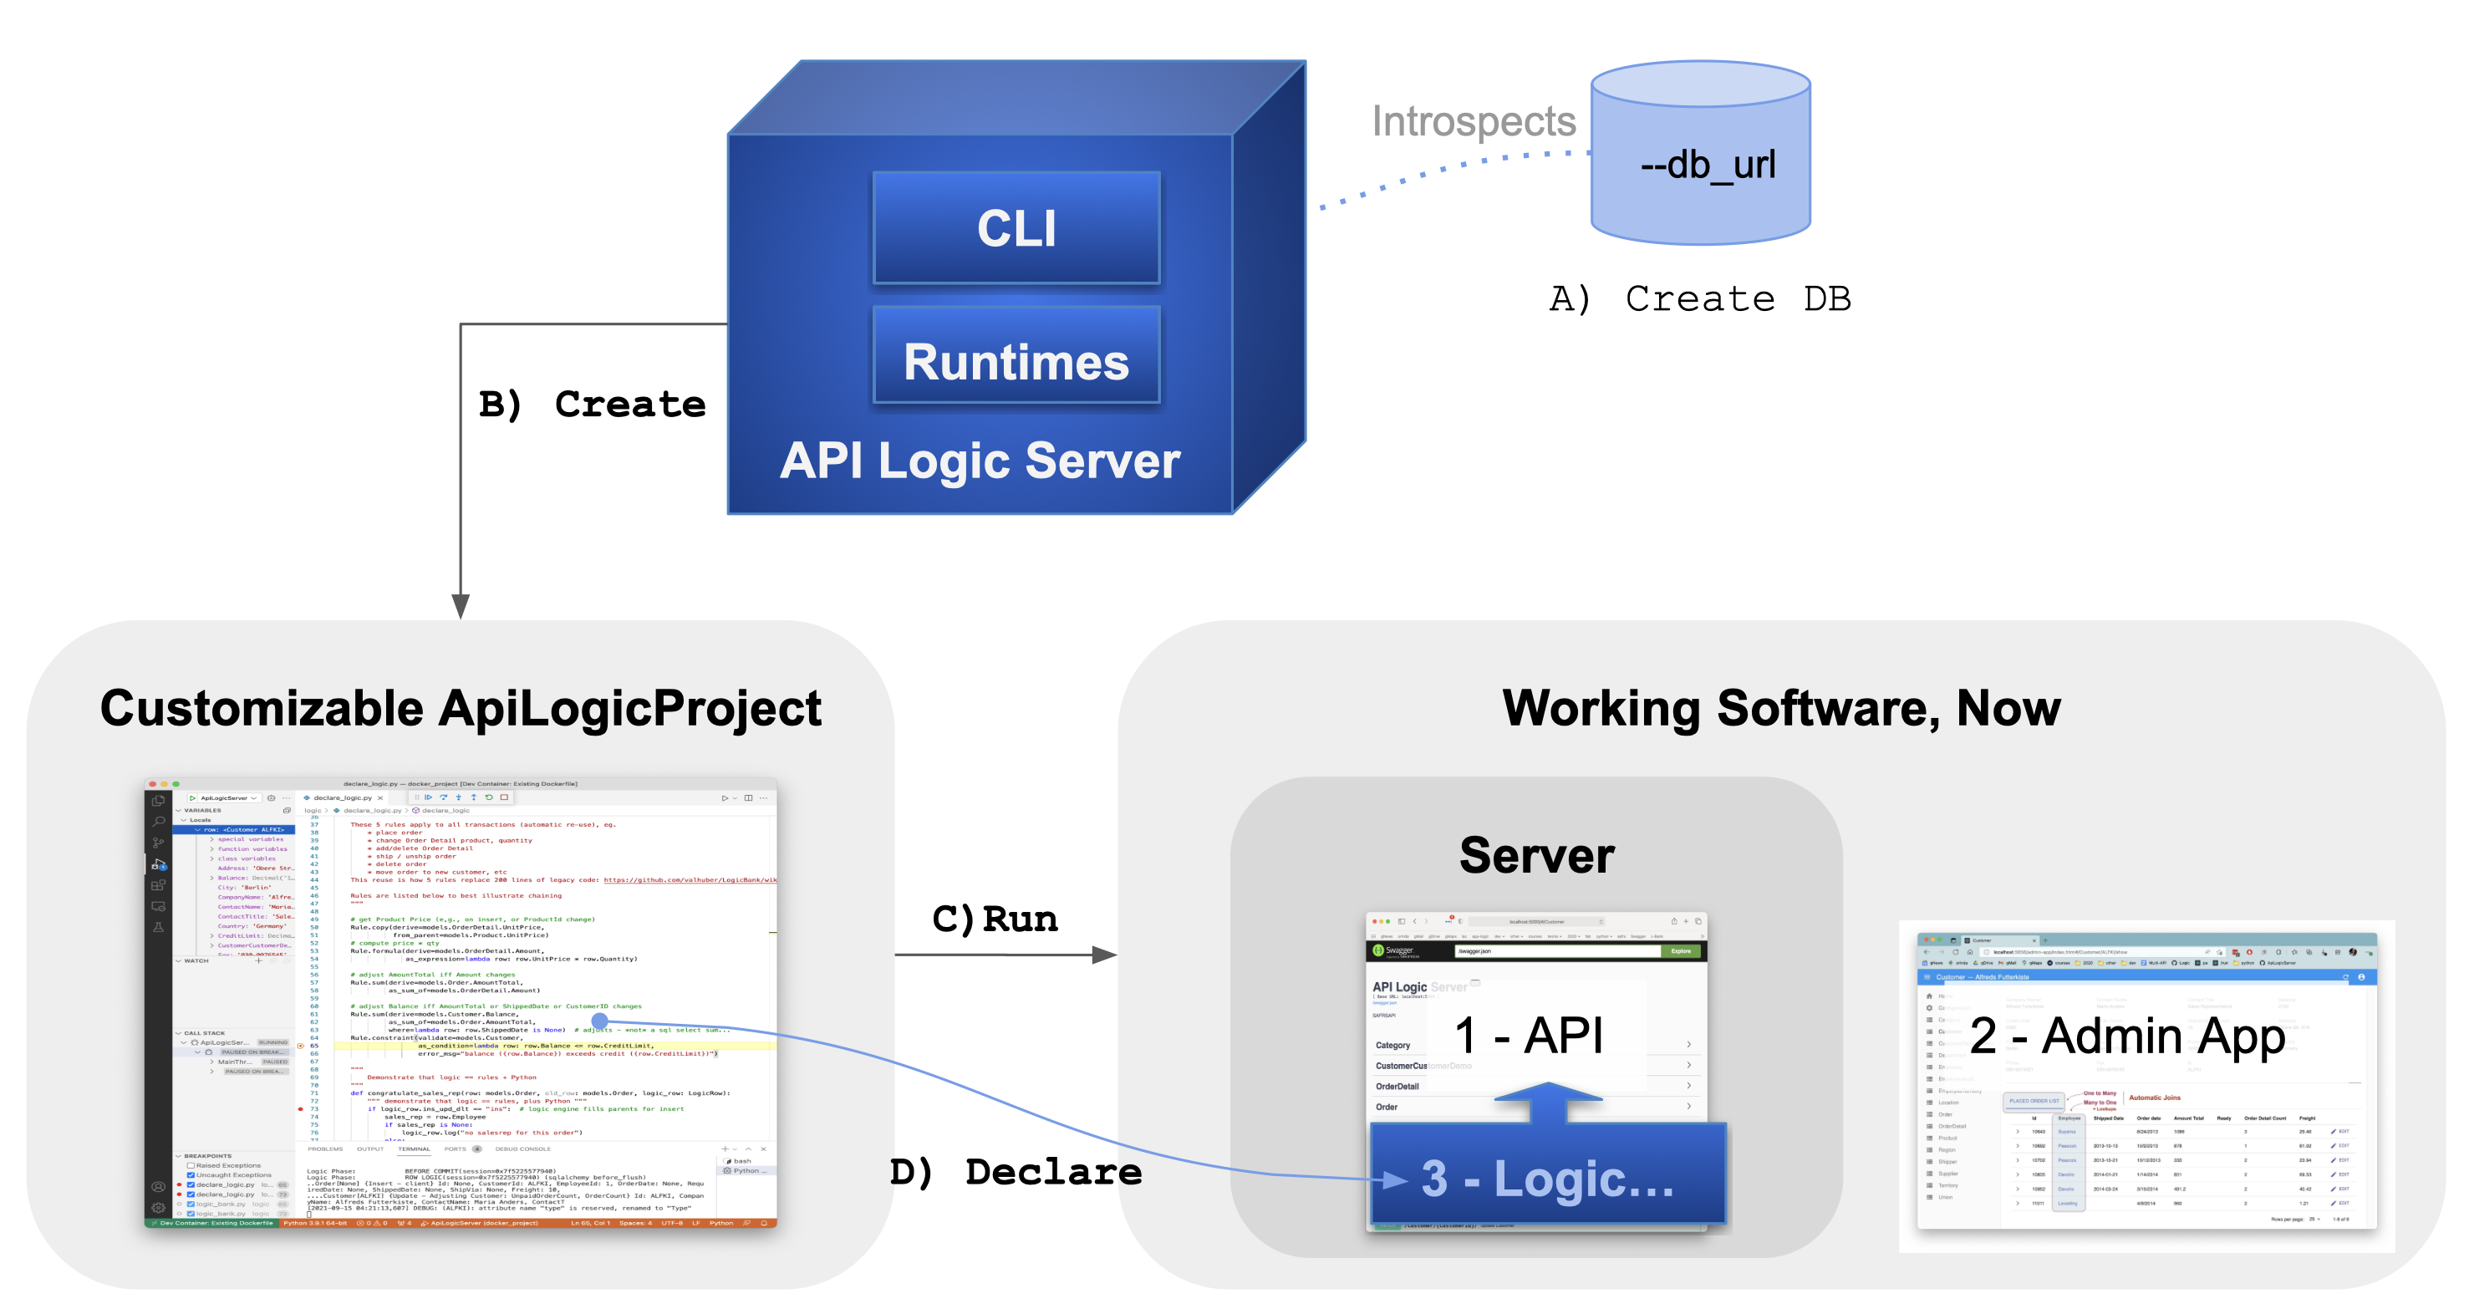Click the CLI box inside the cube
click(1016, 228)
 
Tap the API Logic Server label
click(980, 461)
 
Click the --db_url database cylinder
click(1700, 163)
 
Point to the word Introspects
click(1474, 122)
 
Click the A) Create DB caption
click(1699, 299)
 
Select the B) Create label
click(592, 404)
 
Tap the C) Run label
click(995, 919)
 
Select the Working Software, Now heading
click(1781, 708)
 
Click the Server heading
click(1536, 855)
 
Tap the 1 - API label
click(1528, 1036)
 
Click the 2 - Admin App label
click(2127, 1036)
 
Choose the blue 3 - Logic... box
click(1547, 1178)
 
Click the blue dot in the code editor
click(600, 1021)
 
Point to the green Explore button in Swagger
click(1681, 952)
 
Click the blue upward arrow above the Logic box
click(1548, 1103)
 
